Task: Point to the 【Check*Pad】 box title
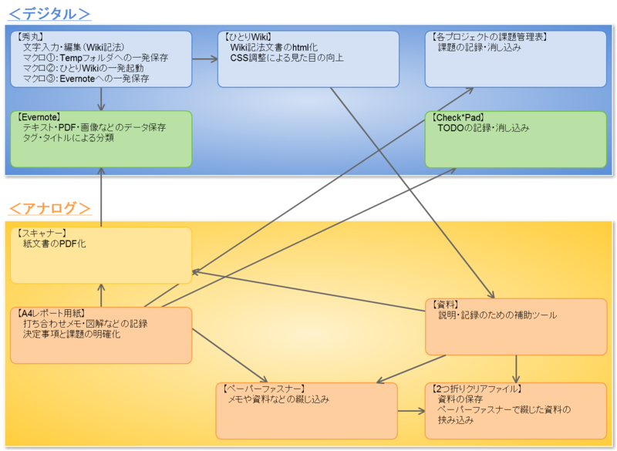coord(461,117)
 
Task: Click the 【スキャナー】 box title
coord(40,233)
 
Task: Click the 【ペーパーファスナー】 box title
coord(263,389)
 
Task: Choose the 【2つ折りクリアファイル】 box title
coord(475,389)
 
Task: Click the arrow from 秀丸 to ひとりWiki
coord(205,59)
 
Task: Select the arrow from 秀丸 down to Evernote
coord(102,99)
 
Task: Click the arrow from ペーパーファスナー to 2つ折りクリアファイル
coord(410,411)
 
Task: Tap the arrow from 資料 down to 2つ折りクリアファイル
coord(516,369)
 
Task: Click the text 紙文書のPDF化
coord(55,244)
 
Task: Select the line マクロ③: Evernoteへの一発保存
coord(86,78)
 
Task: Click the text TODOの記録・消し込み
coord(483,128)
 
